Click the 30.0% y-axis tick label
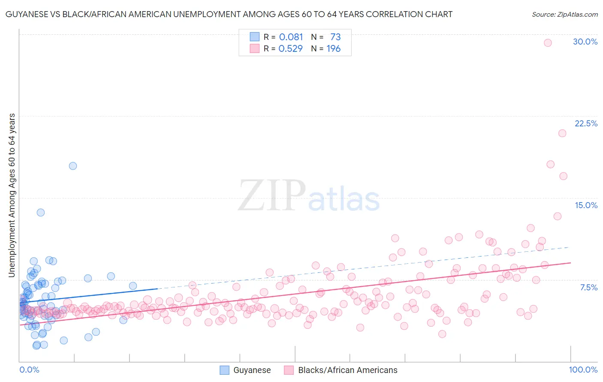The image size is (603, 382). tap(585, 42)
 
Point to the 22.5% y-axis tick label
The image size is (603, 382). tap(586, 123)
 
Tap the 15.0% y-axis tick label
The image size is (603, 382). tap(586, 205)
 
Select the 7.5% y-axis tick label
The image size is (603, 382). tap(588, 287)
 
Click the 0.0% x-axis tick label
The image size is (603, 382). tap(29, 370)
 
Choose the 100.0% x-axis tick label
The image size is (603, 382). tap(583, 370)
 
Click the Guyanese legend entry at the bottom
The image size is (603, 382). tap(252, 370)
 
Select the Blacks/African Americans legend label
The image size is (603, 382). tap(347, 370)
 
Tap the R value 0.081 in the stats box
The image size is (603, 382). tap(291, 37)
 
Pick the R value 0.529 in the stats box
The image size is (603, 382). tap(290, 49)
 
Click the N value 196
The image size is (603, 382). tap(333, 49)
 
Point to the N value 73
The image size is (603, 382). tap(335, 37)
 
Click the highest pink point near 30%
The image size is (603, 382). tap(548, 43)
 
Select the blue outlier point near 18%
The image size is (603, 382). tap(73, 166)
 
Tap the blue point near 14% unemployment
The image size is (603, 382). tap(41, 212)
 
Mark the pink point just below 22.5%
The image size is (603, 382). tap(562, 133)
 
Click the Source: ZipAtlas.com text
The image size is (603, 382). tap(564, 15)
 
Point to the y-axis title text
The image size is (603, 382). tap(12, 195)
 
